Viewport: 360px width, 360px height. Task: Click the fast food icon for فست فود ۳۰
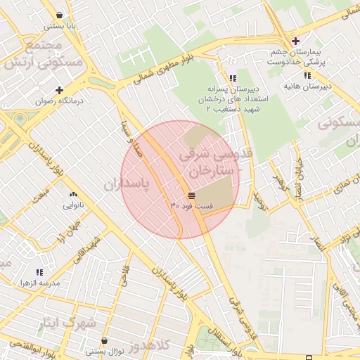coord(191,195)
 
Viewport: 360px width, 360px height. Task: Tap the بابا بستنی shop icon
coord(58,15)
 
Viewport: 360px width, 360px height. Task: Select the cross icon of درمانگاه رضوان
coord(59,90)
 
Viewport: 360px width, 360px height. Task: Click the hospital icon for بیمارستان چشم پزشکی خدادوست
coord(296,40)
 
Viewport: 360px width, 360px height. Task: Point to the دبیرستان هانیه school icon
coord(307,75)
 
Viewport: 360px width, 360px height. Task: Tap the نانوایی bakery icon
coord(73,194)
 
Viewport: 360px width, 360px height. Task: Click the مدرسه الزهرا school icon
coord(39,271)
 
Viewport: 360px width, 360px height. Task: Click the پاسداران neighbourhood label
coord(128,185)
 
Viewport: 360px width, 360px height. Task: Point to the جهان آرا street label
coord(70,233)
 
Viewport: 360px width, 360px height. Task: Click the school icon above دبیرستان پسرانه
coord(233,78)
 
